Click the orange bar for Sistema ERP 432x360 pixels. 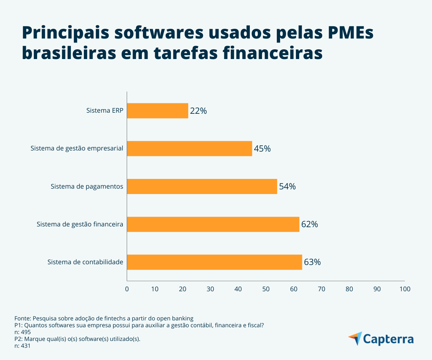point(158,111)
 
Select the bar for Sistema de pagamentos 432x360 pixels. point(202,186)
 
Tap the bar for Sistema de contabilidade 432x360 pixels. point(215,262)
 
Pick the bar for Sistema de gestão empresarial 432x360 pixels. point(189,148)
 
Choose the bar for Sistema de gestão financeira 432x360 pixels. point(213,224)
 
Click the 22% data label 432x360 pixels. point(198,111)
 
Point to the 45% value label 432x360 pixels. point(262,149)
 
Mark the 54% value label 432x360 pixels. point(287,186)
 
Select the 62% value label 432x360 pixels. point(310,224)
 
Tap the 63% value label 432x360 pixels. point(312,262)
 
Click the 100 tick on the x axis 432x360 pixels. point(405,289)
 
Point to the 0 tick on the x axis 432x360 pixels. point(127,289)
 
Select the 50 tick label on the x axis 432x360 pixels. point(266,289)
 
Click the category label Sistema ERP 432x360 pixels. point(105,111)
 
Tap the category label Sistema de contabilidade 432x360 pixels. point(85,262)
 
